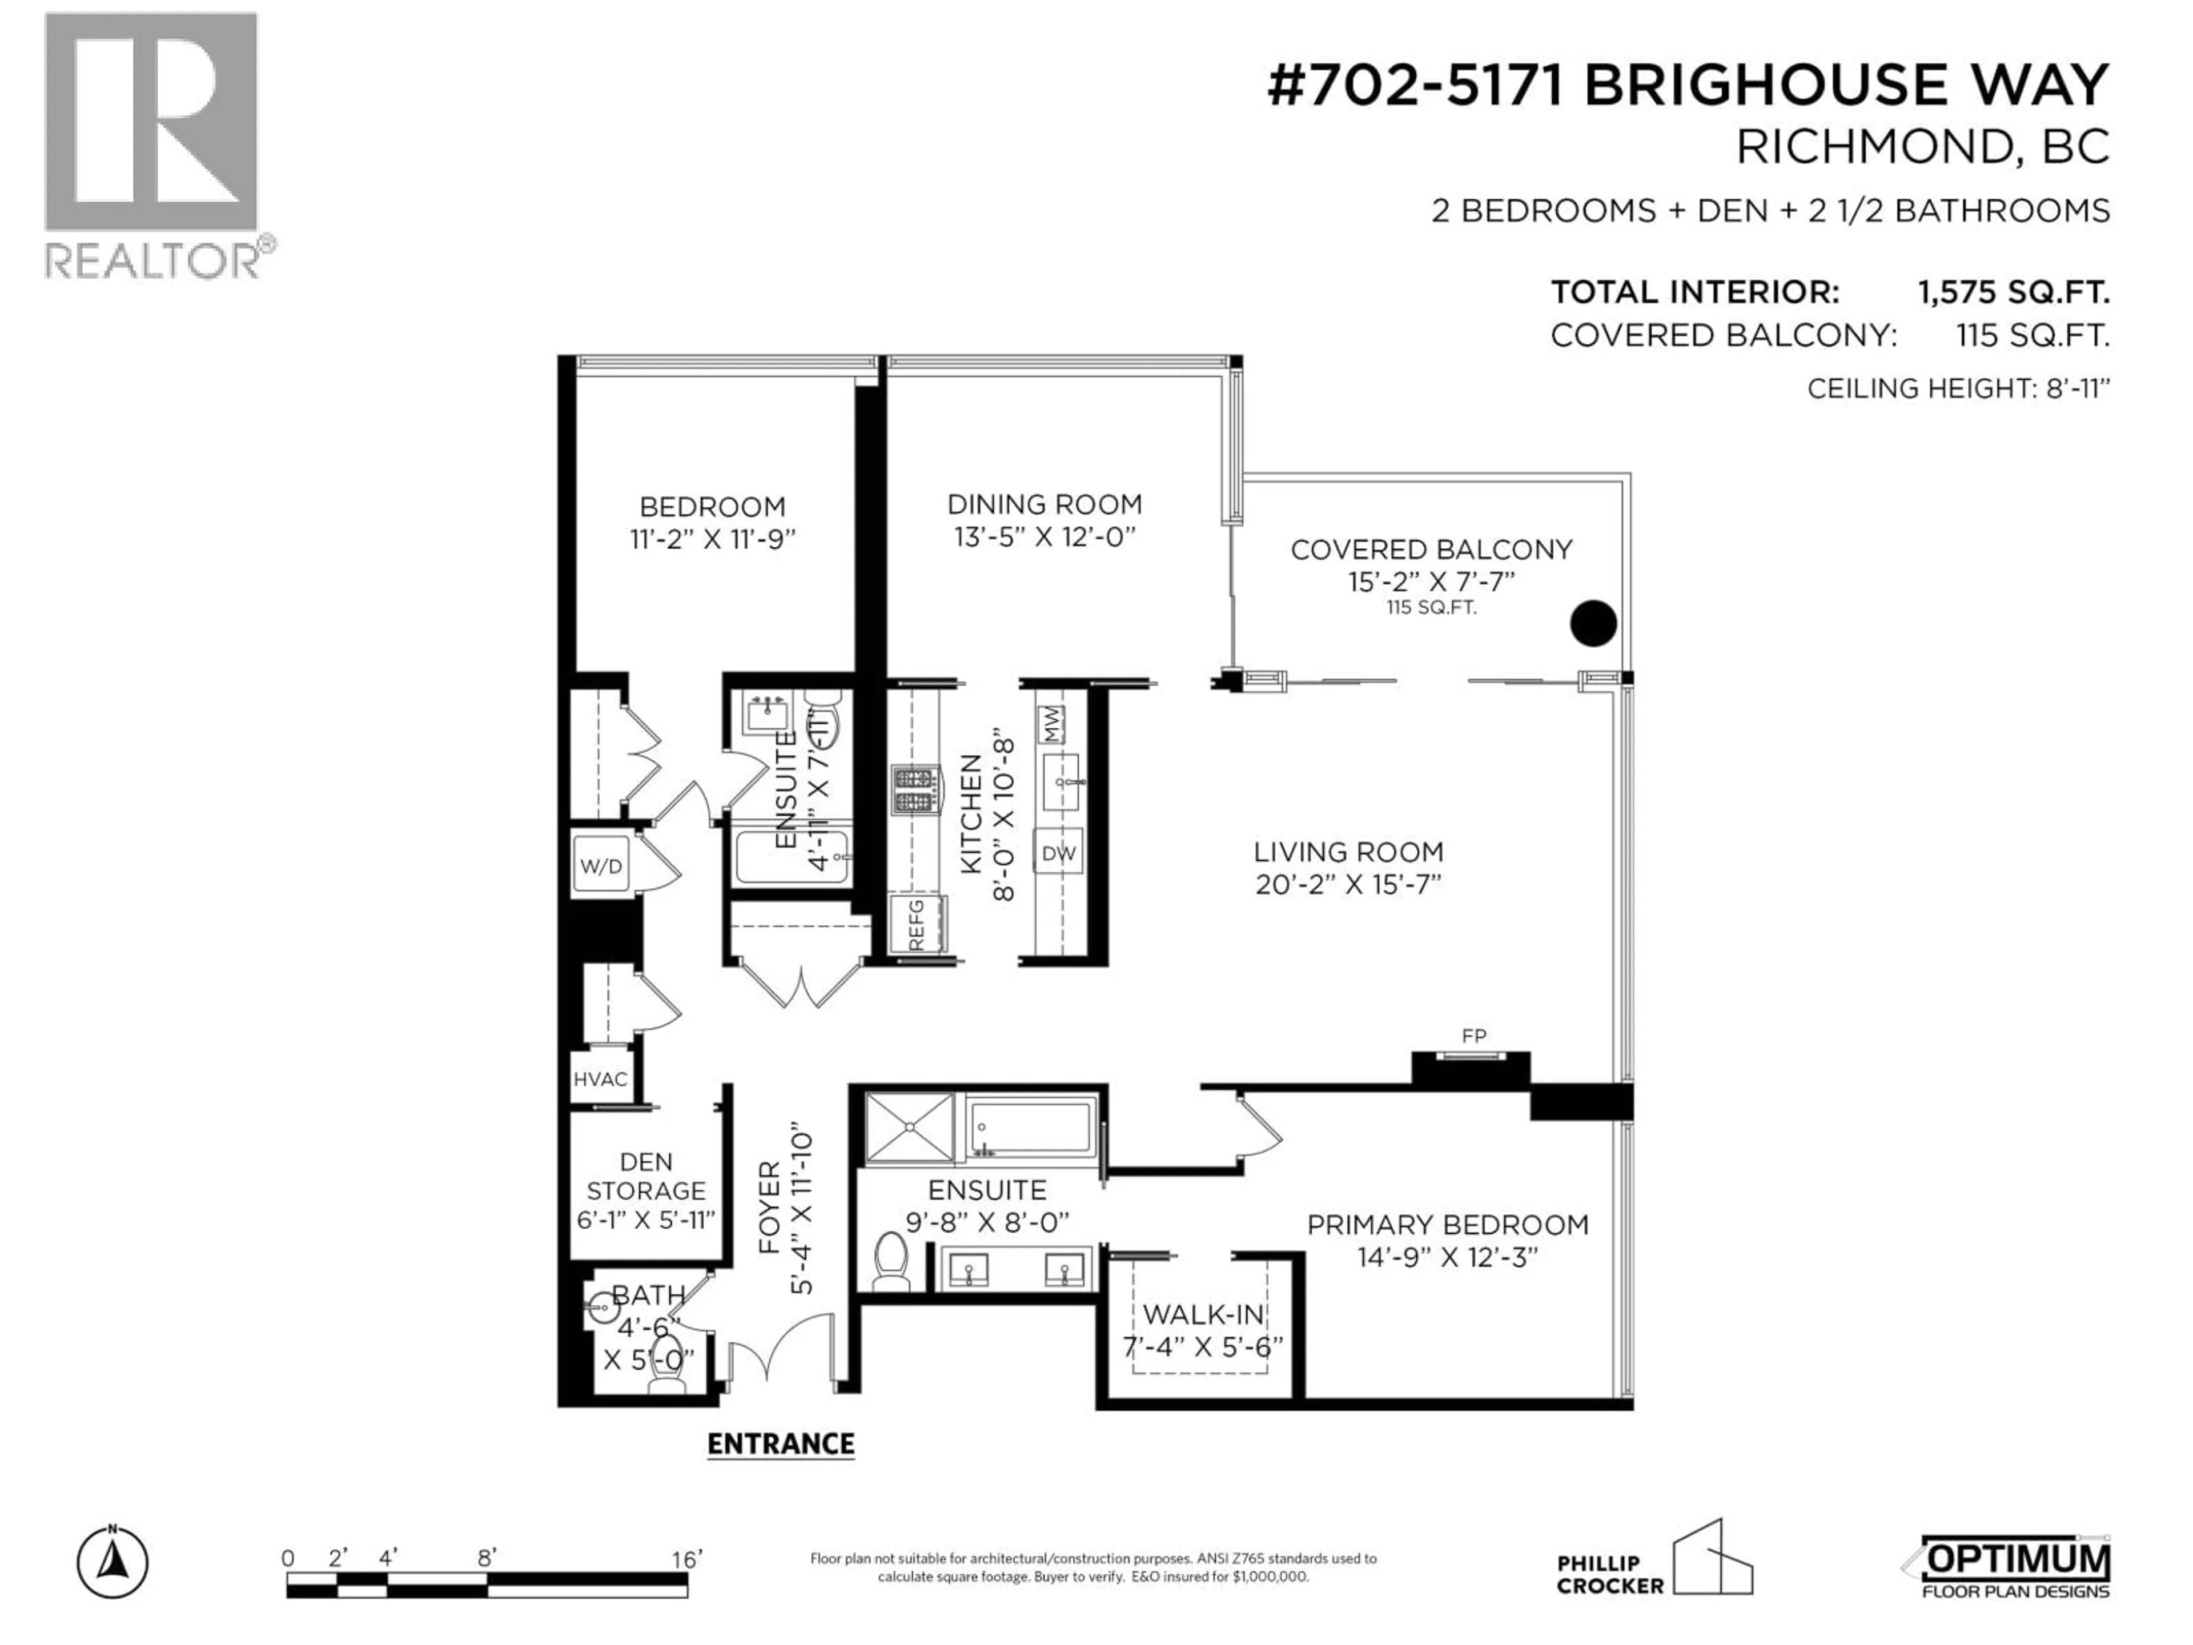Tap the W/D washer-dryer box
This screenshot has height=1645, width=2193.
tap(601, 866)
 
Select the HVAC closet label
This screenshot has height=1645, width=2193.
tap(600, 1080)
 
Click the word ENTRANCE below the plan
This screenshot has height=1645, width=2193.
tap(781, 1444)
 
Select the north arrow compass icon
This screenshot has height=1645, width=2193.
tap(113, 1564)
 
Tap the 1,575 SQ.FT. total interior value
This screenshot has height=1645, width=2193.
tap(2013, 292)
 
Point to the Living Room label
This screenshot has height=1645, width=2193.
tap(1348, 852)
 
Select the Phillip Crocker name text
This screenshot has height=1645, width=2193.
tap(1609, 1575)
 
